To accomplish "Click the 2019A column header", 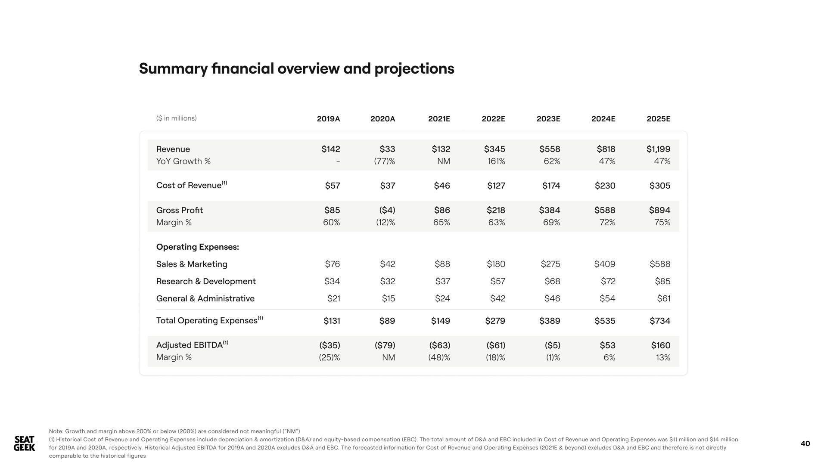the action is tap(328, 119).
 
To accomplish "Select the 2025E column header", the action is tap(659, 119).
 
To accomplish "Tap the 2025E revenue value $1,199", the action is tap(658, 149).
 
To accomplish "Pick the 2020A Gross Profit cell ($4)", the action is tap(387, 210).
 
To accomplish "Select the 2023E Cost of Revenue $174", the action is tap(551, 186).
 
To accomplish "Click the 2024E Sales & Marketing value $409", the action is tap(604, 264).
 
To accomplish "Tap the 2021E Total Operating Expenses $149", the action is tap(441, 321).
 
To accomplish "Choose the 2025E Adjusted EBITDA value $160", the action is tap(661, 345).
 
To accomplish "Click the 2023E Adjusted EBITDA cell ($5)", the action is tap(552, 345).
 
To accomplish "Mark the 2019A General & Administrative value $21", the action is tap(334, 298).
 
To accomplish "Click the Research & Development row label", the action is tap(206, 281).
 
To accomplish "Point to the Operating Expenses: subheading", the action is tap(197, 247).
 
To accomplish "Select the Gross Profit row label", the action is tap(179, 210).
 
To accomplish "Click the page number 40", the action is tap(805, 443).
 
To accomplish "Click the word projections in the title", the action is tap(414, 69).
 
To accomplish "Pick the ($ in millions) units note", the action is tap(177, 118).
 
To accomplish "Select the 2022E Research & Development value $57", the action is tap(497, 281).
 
